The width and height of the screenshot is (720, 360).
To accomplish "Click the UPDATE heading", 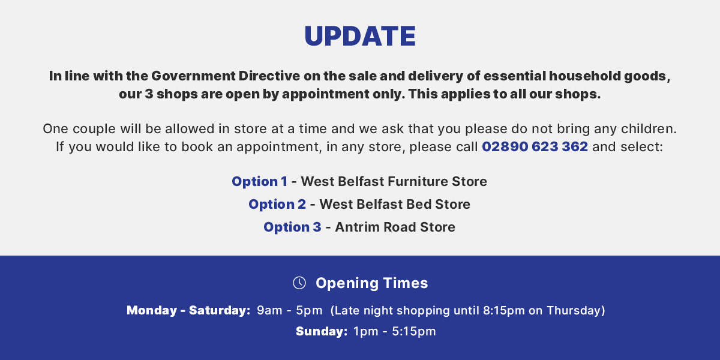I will [x=360, y=36].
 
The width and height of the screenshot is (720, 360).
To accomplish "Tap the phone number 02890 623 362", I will [x=535, y=147].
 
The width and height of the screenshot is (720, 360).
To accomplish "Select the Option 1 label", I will [x=259, y=181].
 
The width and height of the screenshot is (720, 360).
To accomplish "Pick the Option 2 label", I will [x=277, y=204].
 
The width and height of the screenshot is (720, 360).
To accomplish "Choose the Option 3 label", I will [x=292, y=227].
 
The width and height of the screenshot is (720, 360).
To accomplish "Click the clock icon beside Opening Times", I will [x=299, y=283].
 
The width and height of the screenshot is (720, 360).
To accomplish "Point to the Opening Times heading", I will [x=371, y=283].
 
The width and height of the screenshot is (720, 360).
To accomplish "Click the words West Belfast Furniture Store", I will [x=394, y=181].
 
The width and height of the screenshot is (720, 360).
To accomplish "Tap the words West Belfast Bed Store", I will [x=395, y=204].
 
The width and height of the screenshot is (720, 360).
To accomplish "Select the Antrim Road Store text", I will [x=395, y=227].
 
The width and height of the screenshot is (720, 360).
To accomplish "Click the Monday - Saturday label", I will [x=188, y=310].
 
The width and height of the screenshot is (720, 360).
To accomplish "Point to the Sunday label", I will [x=321, y=331].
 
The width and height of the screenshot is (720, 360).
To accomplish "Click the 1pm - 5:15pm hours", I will [x=394, y=331].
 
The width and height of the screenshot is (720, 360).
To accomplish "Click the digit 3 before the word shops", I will [x=148, y=94].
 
